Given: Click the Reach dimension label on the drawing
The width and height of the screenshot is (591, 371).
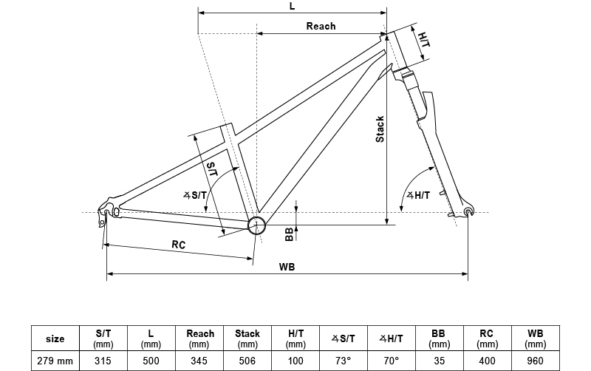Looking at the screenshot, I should click(321, 26).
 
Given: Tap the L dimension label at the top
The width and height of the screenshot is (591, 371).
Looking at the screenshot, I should click(293, 6).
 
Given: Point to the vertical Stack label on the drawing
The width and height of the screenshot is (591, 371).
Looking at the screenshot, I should click(380, 129).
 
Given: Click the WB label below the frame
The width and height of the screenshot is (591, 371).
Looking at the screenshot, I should click(288, 267).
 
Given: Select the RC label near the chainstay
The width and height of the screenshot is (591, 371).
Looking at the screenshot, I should click(178, 245).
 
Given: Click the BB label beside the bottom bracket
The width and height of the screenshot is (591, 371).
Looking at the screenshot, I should click(290, 234).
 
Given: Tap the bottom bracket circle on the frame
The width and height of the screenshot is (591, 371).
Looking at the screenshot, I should click(256, 225).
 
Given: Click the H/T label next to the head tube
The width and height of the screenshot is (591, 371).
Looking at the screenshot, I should click(423, 41).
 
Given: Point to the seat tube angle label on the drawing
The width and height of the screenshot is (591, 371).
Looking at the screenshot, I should click(197, 195).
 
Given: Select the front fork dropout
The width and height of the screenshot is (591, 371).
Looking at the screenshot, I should click(467, 213).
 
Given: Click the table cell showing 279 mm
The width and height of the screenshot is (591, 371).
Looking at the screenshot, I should click(55, 361).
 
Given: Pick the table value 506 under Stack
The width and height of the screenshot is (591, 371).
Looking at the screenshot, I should click(247, 361).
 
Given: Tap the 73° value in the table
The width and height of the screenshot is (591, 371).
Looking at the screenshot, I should click(343, 361).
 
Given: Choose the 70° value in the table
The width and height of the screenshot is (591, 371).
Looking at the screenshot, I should click(391, 361).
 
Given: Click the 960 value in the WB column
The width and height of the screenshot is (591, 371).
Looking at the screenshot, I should click(535, 361).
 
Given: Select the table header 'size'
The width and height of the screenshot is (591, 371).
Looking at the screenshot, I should click(55, 338).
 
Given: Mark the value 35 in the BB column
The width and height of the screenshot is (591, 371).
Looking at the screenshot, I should click(439, 361).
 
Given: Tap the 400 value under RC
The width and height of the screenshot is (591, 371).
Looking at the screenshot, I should click(487, 361).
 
